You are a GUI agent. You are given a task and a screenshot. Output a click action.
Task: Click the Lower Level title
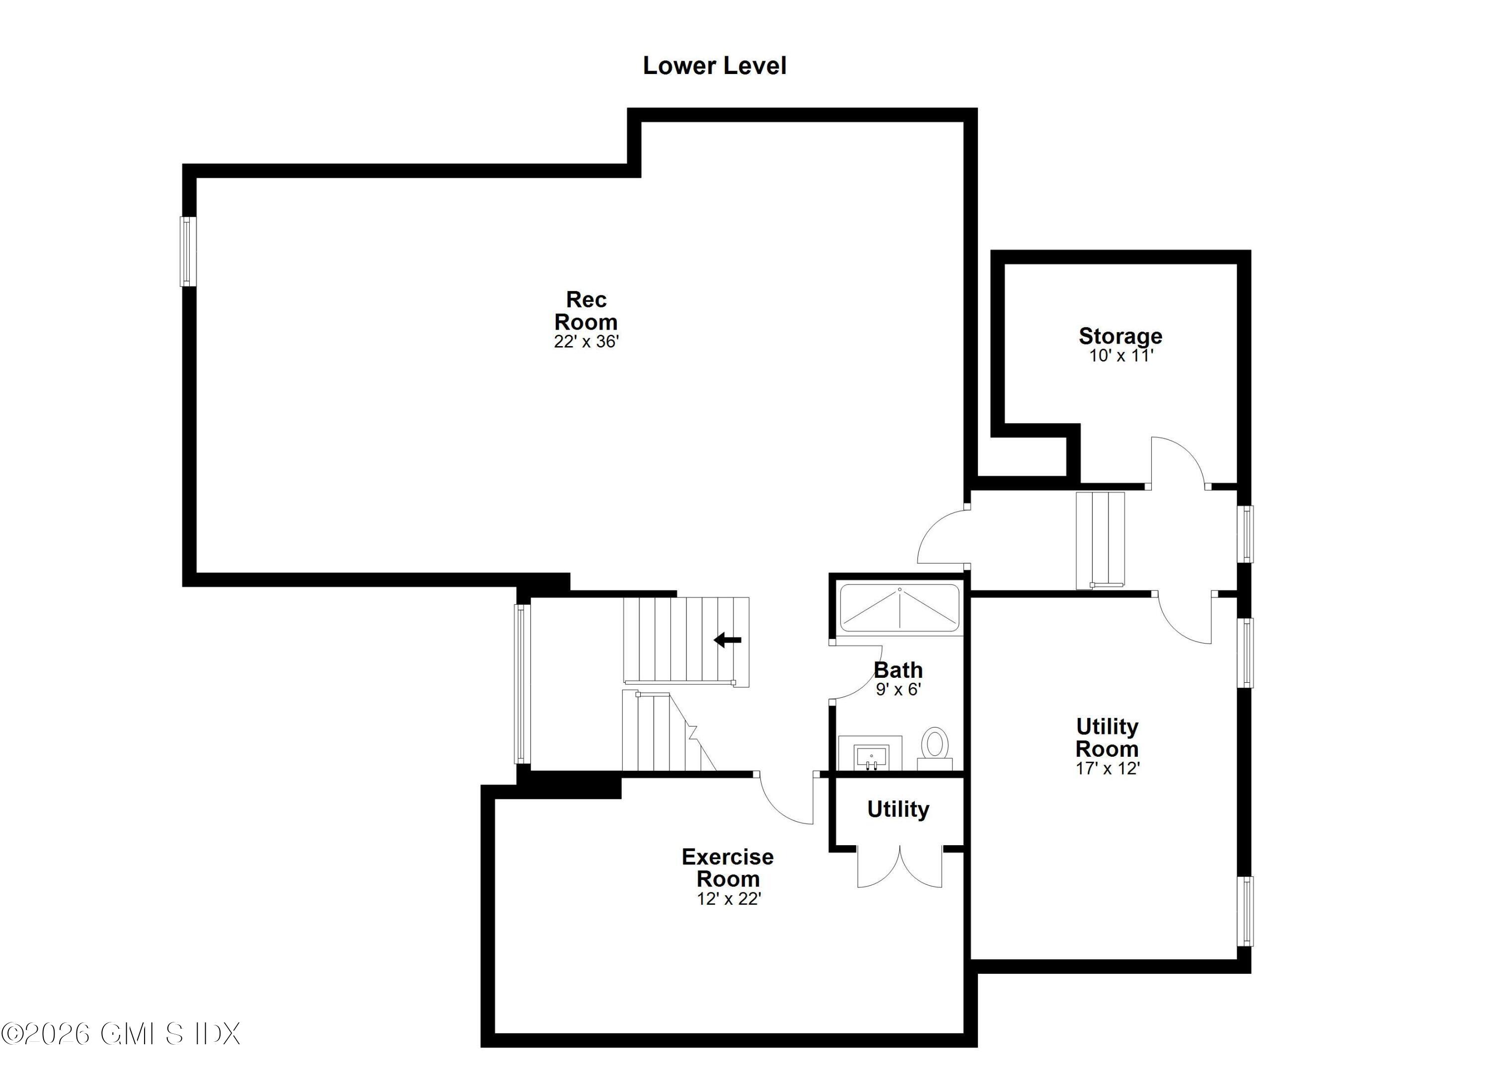[x=714, y=66]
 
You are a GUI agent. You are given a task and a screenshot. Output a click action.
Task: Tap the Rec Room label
[x=586, y=311]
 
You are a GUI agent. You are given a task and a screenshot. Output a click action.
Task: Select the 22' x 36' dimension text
[x=586, y=342]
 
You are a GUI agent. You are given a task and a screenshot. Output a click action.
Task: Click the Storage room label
[x=1120, y=336]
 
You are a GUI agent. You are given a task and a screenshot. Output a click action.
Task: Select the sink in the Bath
[x=871, y=755]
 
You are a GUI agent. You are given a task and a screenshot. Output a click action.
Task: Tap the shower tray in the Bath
[x=899, y=608]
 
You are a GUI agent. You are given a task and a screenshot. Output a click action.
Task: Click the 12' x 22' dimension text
[x=729, y=898]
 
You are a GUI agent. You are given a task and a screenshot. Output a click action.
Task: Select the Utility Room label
[x=1107, y=737]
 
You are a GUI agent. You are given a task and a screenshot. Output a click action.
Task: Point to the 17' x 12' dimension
[x=1107, y=768]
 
